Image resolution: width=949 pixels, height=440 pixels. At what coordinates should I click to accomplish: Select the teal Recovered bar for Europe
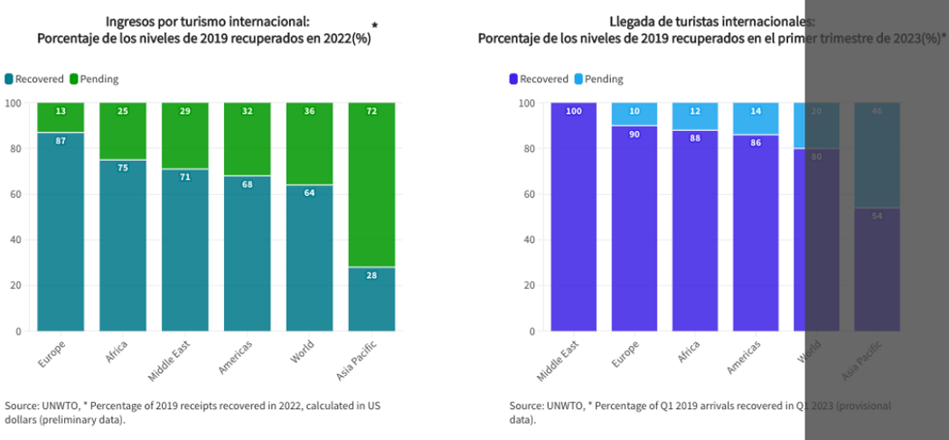pos(61,235)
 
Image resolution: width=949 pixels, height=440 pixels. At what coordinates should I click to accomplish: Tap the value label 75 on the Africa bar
pos(123,167)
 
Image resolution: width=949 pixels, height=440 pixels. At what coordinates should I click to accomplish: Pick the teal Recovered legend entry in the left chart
pos(33,80)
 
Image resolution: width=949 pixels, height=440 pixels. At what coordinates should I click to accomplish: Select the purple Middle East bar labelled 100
pos(573,217)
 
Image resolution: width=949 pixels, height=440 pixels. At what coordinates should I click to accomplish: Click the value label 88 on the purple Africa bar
pos(694,138)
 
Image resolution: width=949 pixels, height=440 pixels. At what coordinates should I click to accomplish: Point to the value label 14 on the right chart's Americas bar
pos(756,111)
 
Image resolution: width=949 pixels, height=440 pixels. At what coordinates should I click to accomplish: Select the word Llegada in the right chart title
pos(632,22)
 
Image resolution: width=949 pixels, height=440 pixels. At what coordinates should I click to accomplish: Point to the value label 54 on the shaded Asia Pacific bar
pos(877,215)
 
